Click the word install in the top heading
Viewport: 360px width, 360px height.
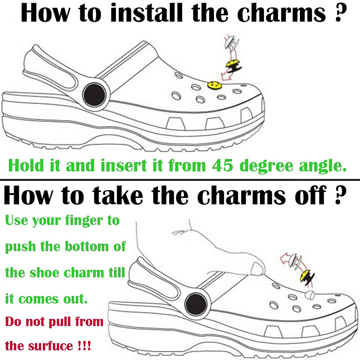[x=146, y=13]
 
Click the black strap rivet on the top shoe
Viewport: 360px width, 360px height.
[x=94, y=95]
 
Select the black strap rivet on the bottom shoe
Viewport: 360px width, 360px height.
[x=196, y=305]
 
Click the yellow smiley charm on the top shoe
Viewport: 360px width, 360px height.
[x=214, y=85]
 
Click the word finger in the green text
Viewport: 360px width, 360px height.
[x=84, y=221]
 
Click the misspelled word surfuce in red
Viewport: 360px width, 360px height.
[x=51, y=346]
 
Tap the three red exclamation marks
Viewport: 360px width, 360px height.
[x=84, y=345]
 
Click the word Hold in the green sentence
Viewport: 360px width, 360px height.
[x=26, y=165]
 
